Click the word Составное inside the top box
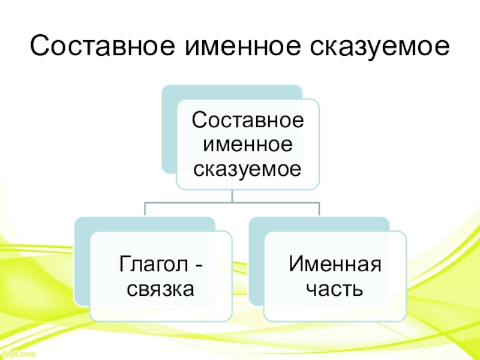pyautogui.click(x=247, y=120)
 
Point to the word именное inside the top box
pyautogui.click(x=247, y=145)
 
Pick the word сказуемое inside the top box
pyautogui.click(x=247, y=169)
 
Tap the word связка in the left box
pyautogui.click(x=160, y=289)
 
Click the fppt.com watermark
pyautogui.click(x=18, y=355)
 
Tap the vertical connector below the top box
pyautogui.click(x=232, y=196)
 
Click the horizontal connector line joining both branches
pyautogui.click(x=232, y=202)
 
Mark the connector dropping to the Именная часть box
pyautogui.click(x=319, y=209)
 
